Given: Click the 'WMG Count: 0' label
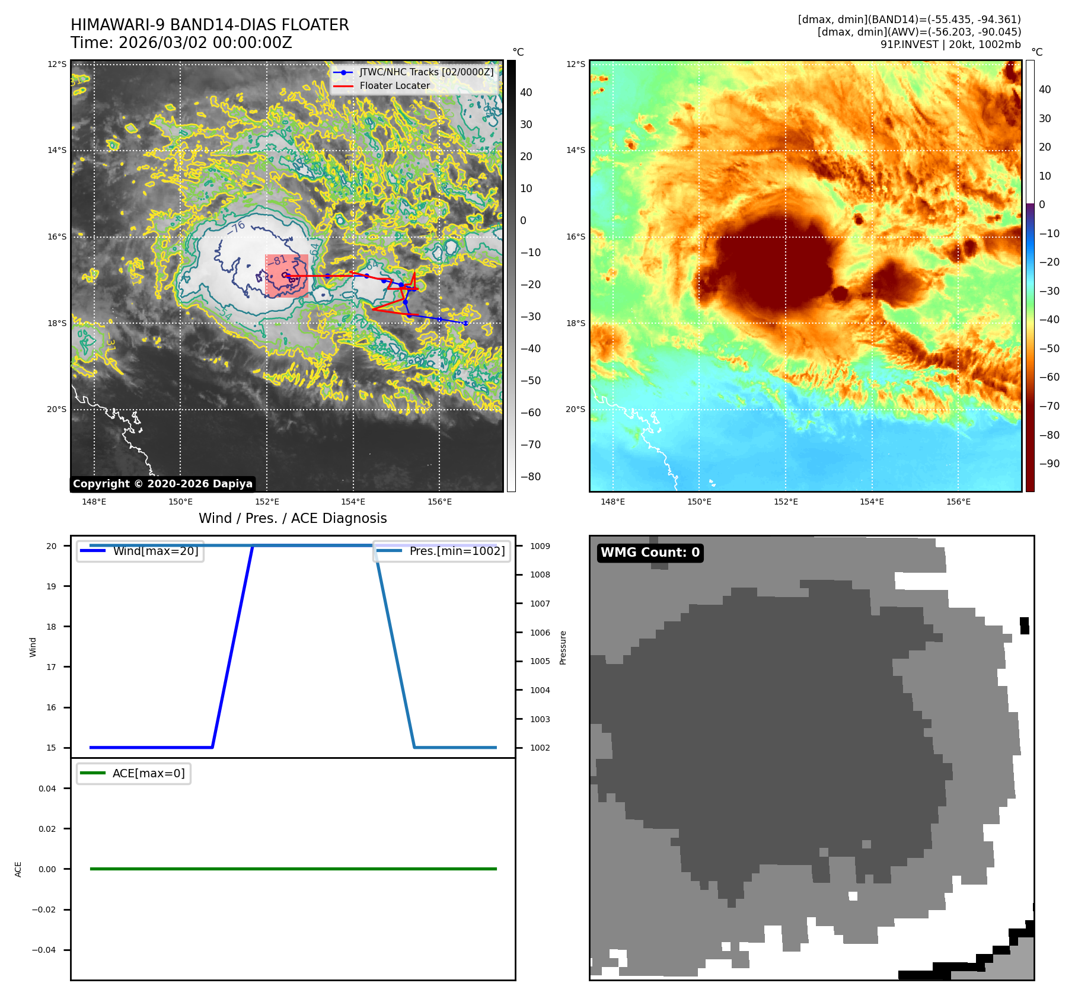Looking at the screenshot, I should point(650,553).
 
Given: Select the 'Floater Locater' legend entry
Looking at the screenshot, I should point(394,85).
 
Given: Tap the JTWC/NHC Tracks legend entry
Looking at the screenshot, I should point(426,72).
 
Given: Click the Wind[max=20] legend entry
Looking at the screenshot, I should point(155,551).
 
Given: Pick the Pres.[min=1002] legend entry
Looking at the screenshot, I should point(457,551).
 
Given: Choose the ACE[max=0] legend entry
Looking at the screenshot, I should point(148,773).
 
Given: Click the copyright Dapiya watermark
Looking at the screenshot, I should point(162,484).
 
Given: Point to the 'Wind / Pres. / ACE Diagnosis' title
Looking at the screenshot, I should point(292,518).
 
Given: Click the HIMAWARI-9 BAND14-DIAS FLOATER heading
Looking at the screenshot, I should point(209,25).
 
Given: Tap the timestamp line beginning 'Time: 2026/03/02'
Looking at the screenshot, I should point(181,43).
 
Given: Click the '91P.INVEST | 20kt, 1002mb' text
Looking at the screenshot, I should point(950,44).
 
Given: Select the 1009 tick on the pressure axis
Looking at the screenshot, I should point(540,546).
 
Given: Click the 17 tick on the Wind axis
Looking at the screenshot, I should point(52,667).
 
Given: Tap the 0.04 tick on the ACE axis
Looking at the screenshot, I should point(47,789).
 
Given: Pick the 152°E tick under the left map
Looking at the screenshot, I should point(267,502).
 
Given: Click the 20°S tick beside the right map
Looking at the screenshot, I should point(575,409).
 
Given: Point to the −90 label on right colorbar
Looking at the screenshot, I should point(1049,464).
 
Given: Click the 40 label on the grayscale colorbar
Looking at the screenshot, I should point(526,92).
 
